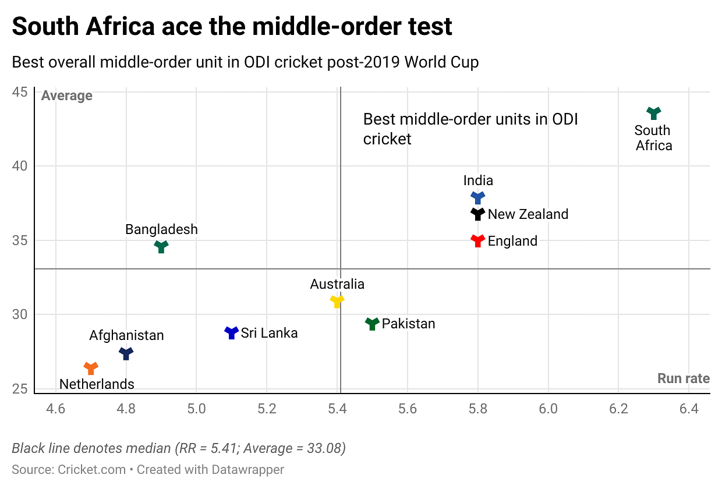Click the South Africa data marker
[x=654, y=113]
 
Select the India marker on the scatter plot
[x=477, y=197]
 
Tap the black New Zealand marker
[x=477, y=214]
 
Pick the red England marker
[x=477, y=240]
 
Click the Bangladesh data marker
[x=161, y=246]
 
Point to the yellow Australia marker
[x=337, y=301]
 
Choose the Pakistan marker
[x=372, y=324]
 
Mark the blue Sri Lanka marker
[x=232, y=332]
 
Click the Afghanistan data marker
[x=126, y=353]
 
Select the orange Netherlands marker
[x=91, y=368]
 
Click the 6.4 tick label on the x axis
[x=689, y=409]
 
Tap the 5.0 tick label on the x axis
[x=196, y=409]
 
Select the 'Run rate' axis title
[x=683, y=378]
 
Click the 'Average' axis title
[x=67, y=95]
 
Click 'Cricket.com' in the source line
[x=91, y=469]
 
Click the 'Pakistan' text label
[x=408, y=324]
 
